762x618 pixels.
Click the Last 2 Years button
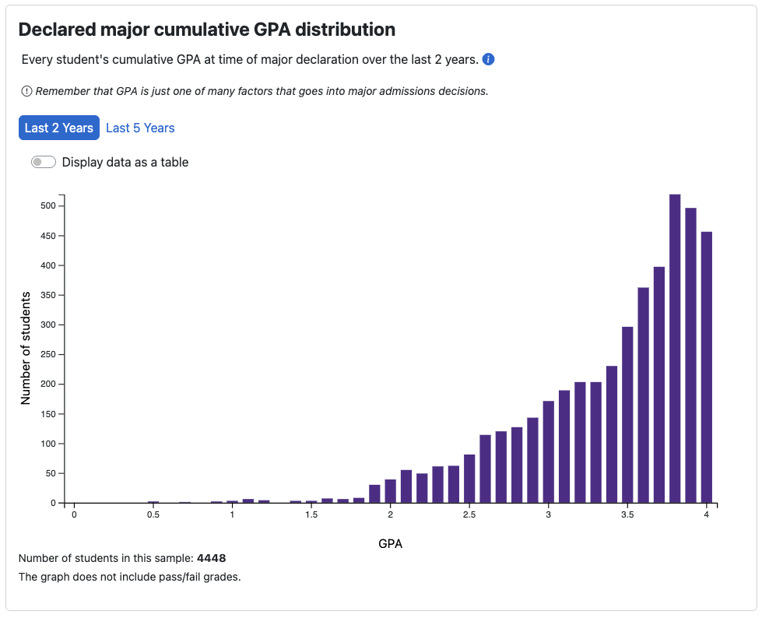coord(59,128)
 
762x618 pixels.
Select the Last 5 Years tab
coord(140,128)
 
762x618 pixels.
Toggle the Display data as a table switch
coord(44,163)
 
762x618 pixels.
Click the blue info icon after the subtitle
coord(489,60)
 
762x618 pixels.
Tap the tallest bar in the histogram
coord(675,349)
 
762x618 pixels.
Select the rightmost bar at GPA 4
coord(707,367)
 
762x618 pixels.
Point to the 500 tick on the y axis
coord(47,206)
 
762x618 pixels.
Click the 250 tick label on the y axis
coord(47,355)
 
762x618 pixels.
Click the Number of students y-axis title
coord(26,348)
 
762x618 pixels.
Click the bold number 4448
coord(212,558)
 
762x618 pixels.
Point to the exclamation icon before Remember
coord(27,91)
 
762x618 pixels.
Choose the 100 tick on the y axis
coord(47,444)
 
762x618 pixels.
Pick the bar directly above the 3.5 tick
coord(627,414)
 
